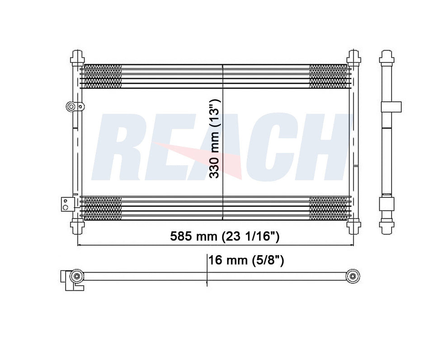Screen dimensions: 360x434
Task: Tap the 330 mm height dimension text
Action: coord(216,138)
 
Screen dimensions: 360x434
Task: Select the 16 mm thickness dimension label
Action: coord(246,260)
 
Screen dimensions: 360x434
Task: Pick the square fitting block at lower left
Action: coord(66,204)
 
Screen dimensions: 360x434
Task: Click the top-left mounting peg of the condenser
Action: coord(77,58)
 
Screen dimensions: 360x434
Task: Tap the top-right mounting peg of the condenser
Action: coord(354,58)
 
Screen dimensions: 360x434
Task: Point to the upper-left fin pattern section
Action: coord(103,76)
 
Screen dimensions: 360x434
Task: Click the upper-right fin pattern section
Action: coord(328,76)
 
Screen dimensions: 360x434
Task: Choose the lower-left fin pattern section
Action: coord(103,208)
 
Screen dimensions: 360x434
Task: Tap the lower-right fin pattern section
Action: coord(328,208)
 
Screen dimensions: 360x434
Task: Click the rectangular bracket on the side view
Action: coord(391,107)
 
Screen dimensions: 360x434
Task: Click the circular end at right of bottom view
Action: coord(353,276)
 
